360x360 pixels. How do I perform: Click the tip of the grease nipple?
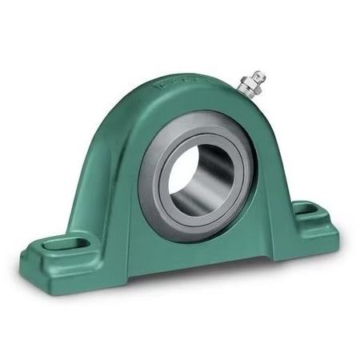click(x=262, y=76)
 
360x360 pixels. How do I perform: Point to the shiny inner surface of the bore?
click(x=210, y=188)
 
